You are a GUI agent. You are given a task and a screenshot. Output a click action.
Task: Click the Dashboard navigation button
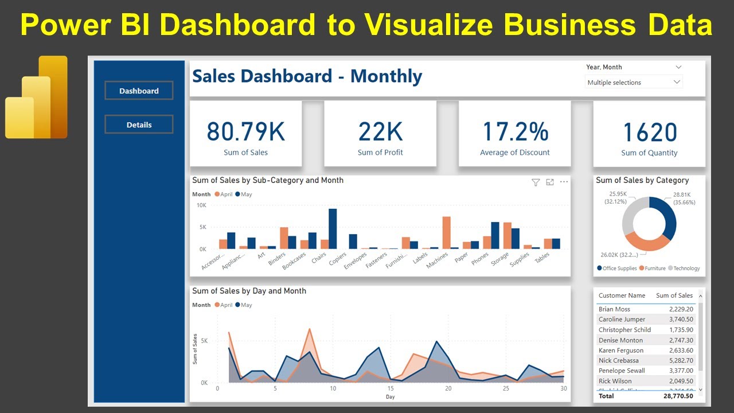coord(139,91)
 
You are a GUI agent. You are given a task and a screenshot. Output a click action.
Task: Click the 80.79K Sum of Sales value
coord(245,131)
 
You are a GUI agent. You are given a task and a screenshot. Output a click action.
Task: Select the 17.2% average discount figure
coord(515,131)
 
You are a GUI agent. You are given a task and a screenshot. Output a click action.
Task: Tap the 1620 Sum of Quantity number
coord(649,133)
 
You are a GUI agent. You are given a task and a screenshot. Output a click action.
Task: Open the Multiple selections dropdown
coord(634,83)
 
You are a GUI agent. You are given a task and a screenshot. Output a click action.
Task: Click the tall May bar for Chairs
coord(333,228)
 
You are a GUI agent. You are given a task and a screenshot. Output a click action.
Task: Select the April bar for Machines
coord(446,232)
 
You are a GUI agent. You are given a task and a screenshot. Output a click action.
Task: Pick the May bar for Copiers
coord(353,241)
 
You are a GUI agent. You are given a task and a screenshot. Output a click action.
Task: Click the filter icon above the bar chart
coord(536,182)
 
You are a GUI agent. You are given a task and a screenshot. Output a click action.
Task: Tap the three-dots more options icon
coord(564,182)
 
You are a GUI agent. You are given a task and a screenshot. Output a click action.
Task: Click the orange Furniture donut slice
coord(645,242)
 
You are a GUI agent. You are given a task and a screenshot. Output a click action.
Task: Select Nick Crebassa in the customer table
coord(618,360)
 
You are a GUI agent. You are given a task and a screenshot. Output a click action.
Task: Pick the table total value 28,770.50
coord(677,396)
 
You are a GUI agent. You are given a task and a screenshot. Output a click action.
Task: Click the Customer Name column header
coord(622,295)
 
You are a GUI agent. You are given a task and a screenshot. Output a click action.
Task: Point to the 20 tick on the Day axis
coord(448,388)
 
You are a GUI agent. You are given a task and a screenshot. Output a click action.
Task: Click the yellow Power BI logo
coord(37,97)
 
